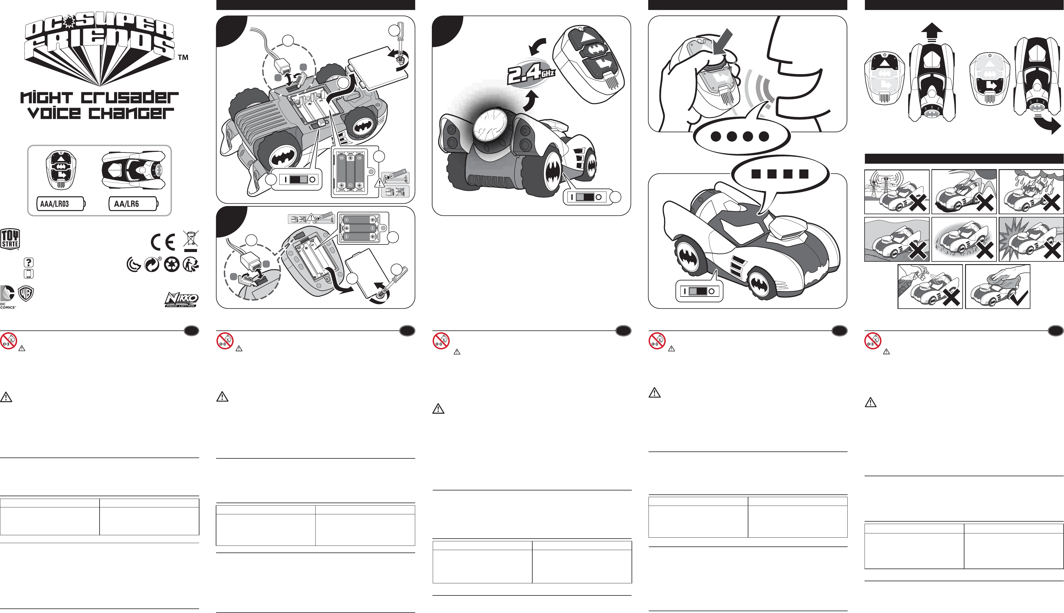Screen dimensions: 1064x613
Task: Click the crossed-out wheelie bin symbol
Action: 191,241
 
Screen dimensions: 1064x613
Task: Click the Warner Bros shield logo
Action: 26,293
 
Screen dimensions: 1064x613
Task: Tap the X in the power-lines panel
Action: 918,203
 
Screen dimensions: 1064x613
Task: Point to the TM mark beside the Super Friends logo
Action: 183,57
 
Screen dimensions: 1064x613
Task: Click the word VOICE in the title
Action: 54,113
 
